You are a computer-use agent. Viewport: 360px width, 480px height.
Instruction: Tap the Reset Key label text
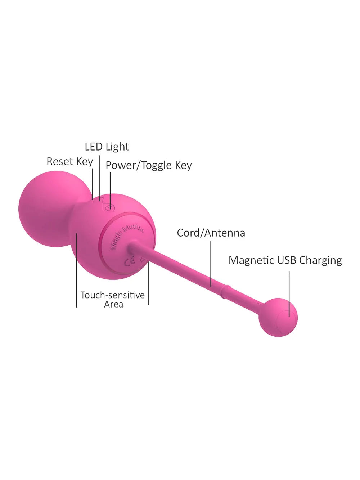click(70, 162)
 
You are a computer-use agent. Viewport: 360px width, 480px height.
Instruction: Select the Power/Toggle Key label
click(149, 166)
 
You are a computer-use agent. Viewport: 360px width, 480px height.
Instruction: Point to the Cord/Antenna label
click(211, 233)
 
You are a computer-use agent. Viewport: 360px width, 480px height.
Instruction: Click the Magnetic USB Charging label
click(285, 261)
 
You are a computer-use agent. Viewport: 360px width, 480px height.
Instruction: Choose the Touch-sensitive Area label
click(113, 300)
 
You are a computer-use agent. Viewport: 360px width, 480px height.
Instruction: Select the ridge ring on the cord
click(225, 292)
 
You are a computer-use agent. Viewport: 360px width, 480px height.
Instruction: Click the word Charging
click(321, 261)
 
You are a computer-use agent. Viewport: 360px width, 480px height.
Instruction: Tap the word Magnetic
click(251, 260)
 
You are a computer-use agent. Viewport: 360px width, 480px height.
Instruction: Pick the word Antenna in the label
click(225, 233)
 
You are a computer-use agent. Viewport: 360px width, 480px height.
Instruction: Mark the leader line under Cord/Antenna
click(211, 264)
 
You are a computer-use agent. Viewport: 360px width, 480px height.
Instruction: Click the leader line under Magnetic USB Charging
click(289, 294)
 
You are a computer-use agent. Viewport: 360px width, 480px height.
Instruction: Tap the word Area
click(113, 304)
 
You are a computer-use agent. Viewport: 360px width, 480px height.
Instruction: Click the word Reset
click(60, 162)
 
